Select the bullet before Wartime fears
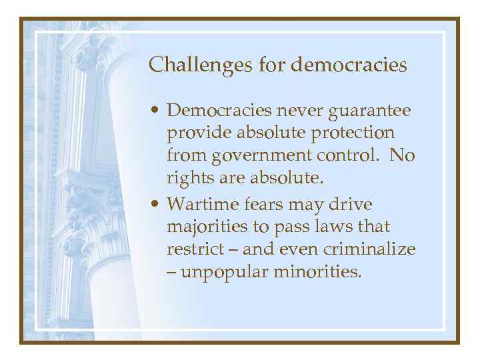154,203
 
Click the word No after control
403,157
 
